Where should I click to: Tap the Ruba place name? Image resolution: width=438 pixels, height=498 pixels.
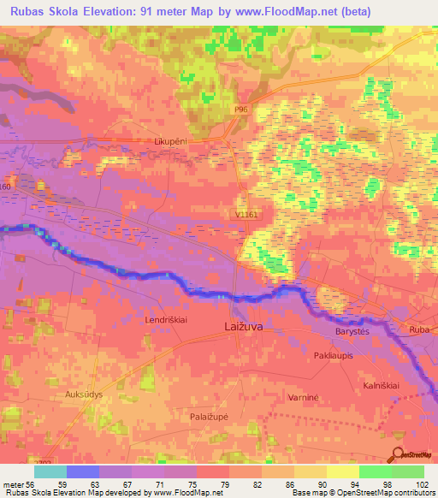tap(419, 329)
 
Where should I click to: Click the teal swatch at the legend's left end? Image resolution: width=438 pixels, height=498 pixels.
tap(50, 471)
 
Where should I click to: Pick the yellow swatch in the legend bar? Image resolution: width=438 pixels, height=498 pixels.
tap(311, 471)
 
